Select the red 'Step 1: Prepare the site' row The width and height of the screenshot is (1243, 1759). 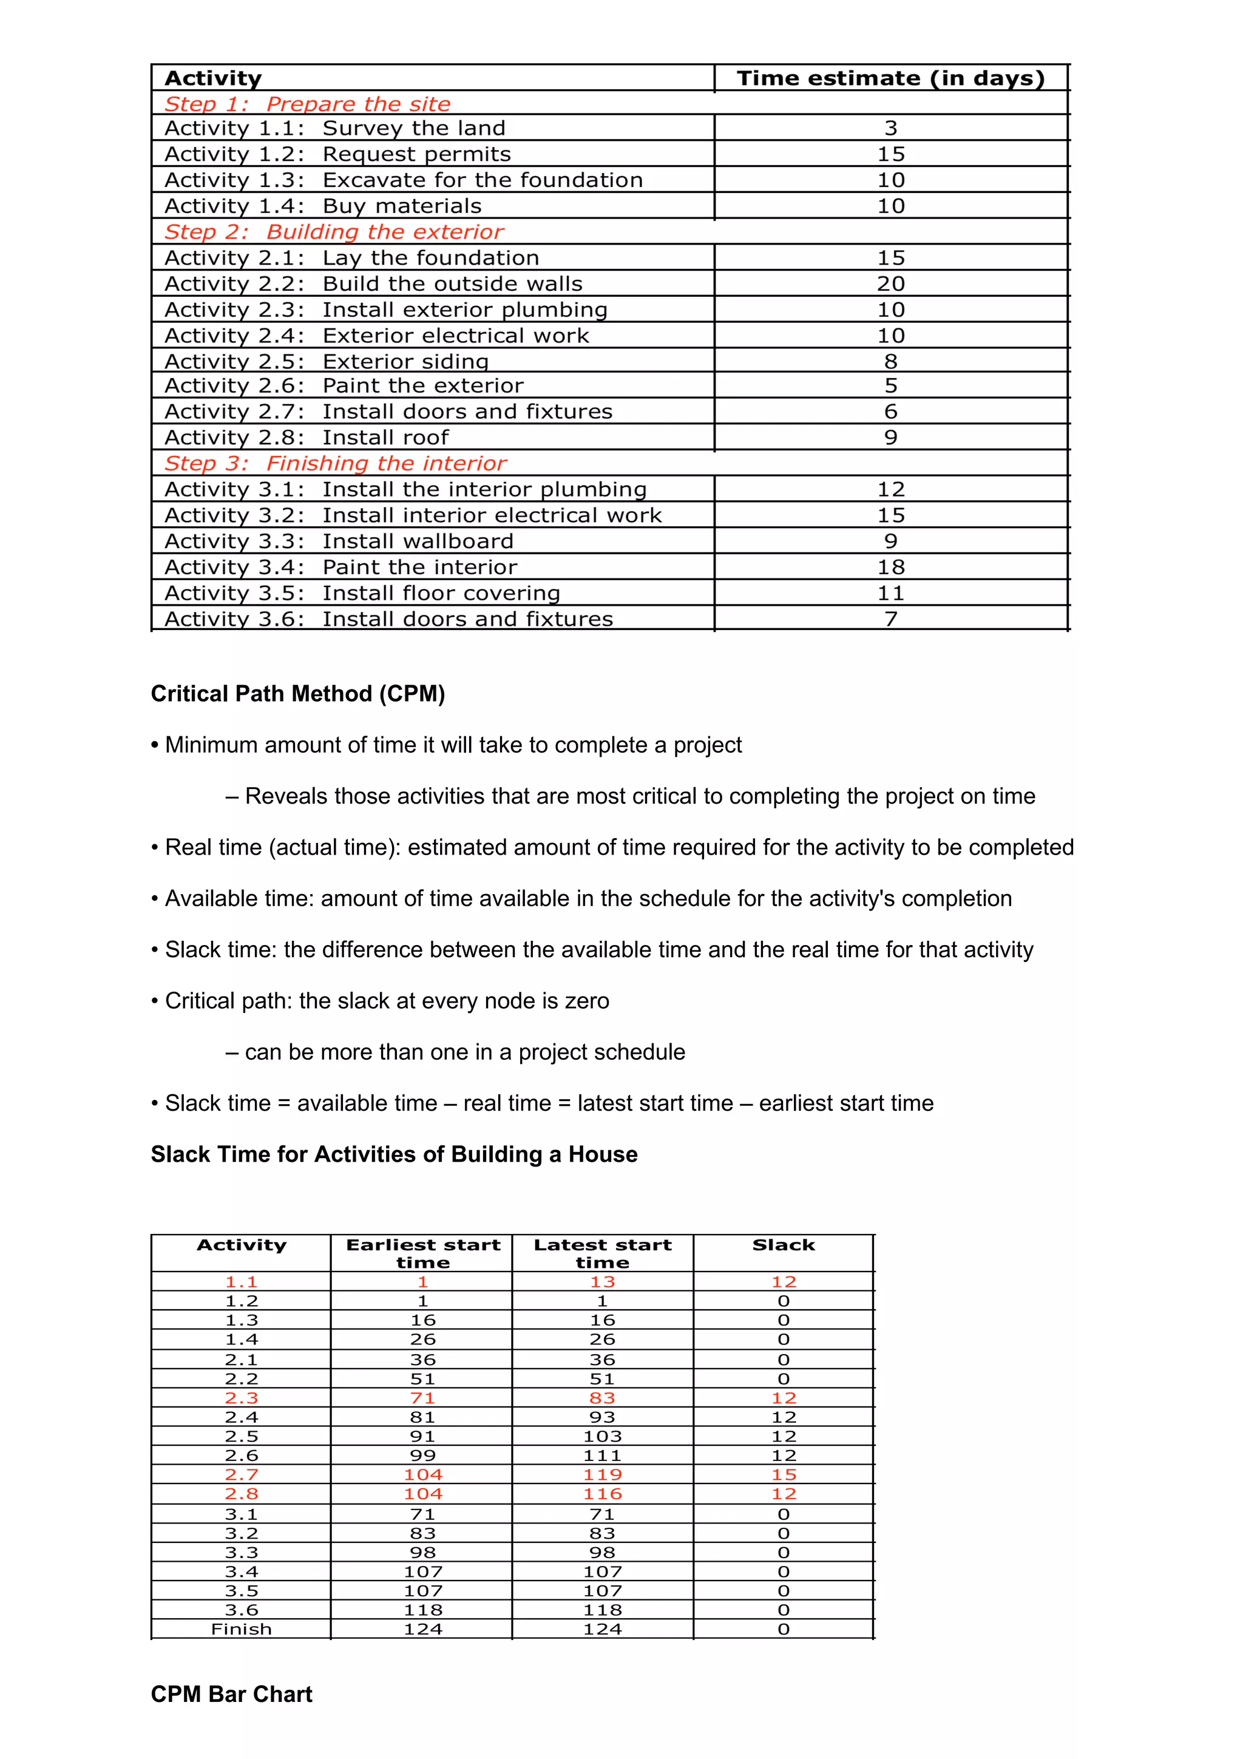click(x=307, y=103)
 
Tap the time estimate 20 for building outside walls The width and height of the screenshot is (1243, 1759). click(x=891, y=283)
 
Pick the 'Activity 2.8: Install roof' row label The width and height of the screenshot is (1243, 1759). click(x=307, y=438)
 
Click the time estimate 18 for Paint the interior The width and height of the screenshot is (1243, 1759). click(x=891, y=567)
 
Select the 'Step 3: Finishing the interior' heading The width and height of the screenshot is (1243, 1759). click(x=336, y=464)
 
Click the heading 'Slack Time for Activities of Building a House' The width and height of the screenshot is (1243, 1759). click(x=394, y=1154)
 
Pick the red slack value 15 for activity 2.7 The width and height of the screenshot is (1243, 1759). click(x=784, y=1475)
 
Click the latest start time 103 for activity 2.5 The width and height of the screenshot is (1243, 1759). click(x=602, y=1437)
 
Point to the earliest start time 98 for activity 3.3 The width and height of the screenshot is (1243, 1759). click(x=423, y=1552)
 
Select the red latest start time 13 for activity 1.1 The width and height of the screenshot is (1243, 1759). click(x=602, y=1282)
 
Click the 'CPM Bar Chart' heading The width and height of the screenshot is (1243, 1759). click(x=231, y=1694)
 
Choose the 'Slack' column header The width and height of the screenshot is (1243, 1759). click(x=784, y=1245)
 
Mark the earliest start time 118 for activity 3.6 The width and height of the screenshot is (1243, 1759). click(x=423, y=1610)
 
